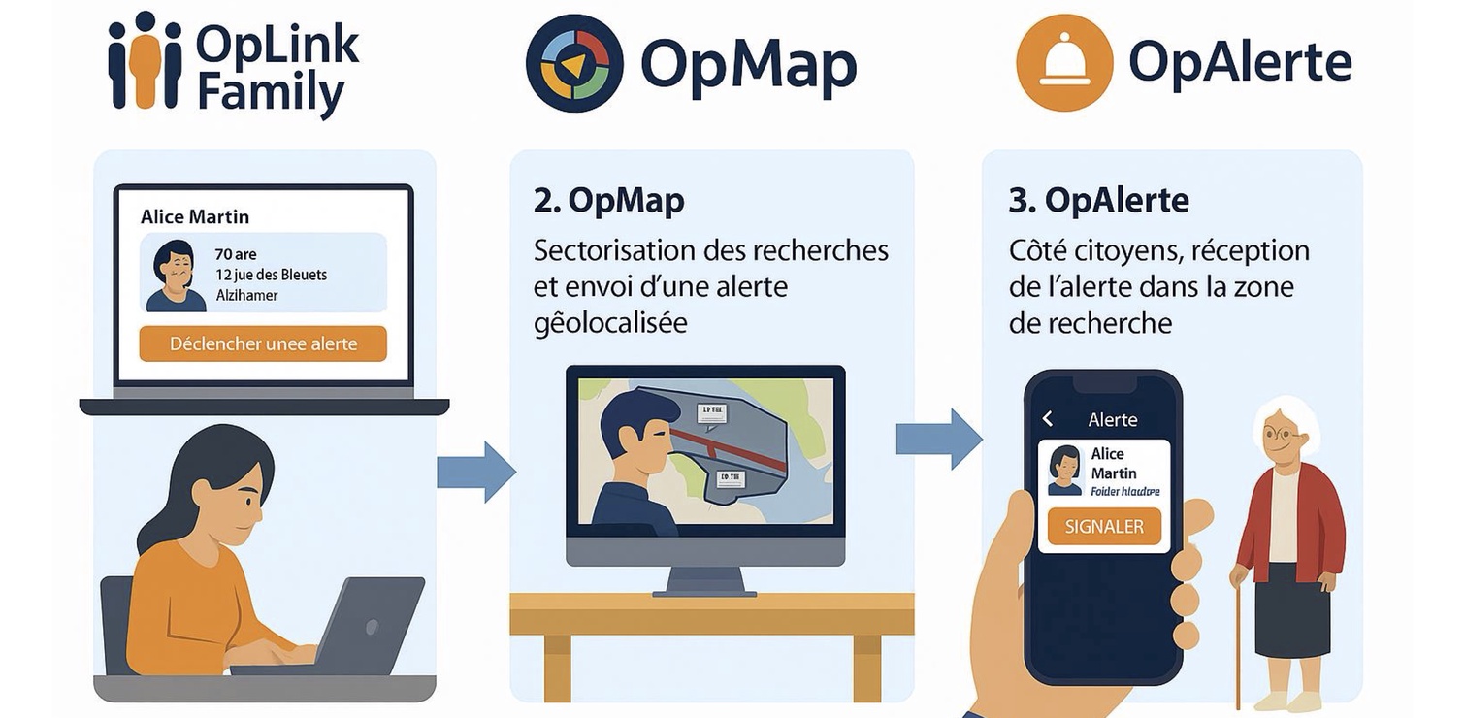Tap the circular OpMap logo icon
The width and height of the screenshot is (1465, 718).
click(573, 64)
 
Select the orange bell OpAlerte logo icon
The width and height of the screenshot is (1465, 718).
click(1064, 63)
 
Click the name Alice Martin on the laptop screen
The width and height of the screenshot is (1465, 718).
click(195, 216)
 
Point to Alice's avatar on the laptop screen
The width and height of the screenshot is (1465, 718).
click(176, 276)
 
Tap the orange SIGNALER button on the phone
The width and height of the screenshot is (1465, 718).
click(1104, 527)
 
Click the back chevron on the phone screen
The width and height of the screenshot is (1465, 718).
click(1048, 419)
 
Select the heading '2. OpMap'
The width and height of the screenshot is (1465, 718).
click(608, 200)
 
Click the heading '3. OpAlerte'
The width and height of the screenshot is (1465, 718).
click(1098, 200)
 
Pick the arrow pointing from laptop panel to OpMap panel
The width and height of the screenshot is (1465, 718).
click(475, 472)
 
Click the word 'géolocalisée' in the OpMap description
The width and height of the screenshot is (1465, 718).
click(610, 322)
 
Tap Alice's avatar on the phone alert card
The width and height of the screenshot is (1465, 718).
click(1064, 471)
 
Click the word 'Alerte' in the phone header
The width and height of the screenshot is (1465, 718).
click(1112, 420)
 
